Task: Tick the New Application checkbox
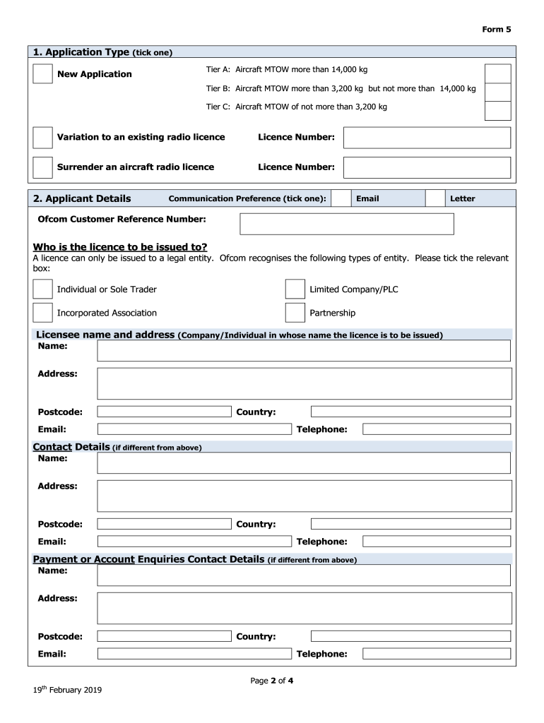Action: [x=42, y=73]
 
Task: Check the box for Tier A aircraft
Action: [x=497, y=73]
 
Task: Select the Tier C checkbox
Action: [x=497, y=111]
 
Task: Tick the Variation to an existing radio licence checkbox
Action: [x=42, y=137]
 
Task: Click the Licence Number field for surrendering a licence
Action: [x=427, y=167]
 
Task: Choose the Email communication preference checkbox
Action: [x=341, y=198]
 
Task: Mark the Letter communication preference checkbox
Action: [x=436, y=198]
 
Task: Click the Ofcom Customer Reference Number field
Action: [x=347, y=224]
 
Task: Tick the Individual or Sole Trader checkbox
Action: [x=42, y=289]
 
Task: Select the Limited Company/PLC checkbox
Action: [x=295, y=289]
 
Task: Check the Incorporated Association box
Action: [x=42, y=313]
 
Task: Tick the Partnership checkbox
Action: [x=295, y=313]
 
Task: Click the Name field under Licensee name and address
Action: [x=303, y=351]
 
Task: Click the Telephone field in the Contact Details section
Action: [x=436, y=542]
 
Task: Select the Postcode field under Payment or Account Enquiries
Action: [x=164, y=636]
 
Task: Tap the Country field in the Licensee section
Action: [x=410, y=412]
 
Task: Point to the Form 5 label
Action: [x=496, y=30]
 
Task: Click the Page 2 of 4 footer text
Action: [x=272, y=681]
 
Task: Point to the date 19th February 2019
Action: [x=68, y=691]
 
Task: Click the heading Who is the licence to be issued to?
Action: [x=120, y=247]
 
